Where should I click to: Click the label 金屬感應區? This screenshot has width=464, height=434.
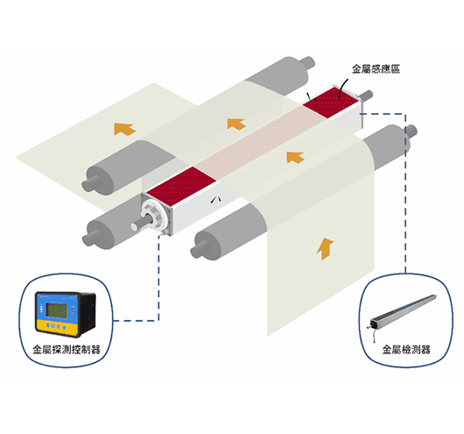tap(376, 69)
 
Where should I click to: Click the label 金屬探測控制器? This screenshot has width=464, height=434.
tap(67, 350)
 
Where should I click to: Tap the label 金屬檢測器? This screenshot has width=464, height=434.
tap(406, 350)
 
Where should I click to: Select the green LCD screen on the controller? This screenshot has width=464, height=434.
tap(57, 310)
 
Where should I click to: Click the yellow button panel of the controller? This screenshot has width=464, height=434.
tap(57, 326)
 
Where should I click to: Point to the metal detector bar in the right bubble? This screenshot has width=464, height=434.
tap(403, 311)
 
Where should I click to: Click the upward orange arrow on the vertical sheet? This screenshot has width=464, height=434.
tap(325, 249)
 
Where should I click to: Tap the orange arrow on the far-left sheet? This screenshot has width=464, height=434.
tap(124, 129)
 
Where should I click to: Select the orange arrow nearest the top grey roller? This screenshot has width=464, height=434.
tap(236, 124)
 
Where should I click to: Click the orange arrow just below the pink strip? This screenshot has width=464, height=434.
tap(295, 158)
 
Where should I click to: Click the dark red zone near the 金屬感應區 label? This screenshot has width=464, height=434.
tap(332, 101)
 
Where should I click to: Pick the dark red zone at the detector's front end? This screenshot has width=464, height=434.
tap(181, 185)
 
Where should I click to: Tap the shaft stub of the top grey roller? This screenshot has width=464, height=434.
tap(307, 62)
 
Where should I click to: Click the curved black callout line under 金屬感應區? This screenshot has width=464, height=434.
tap(342, 88)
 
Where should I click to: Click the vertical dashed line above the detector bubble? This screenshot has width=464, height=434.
tap(405, 193)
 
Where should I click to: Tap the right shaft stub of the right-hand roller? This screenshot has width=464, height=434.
tap(411, 131)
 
